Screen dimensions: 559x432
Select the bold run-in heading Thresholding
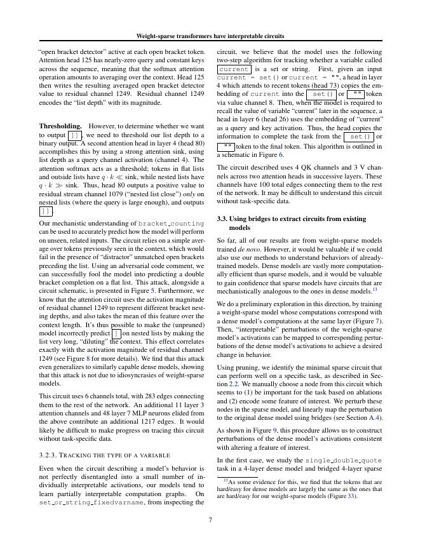(x=60, y=126)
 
